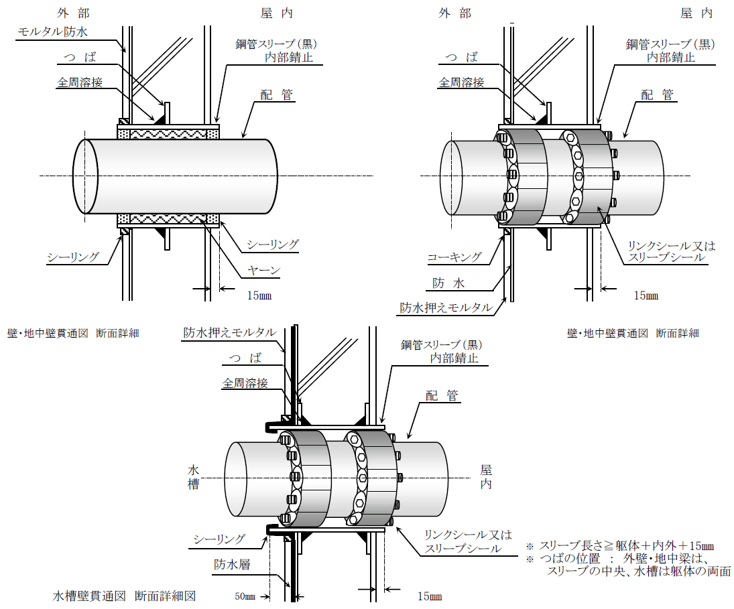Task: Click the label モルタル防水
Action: pyautogui.click(x=52, y=31)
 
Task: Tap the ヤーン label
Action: pyautogui.click(x=263, y=271)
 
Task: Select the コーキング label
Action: pyautogui.click(x=454, y=257)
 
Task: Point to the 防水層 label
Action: pyautogui.click(x=232, y=564)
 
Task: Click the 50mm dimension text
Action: pyautogui.click(x=245, y=596)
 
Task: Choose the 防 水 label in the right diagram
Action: pyautogui.click(x=448, y=283)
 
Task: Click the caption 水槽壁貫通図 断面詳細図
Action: pyautogui.click(x=124, y=596)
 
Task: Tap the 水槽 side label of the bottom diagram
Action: pyautogui.click(x=193, y=477)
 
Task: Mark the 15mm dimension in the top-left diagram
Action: pyautogui.click(x=259, y=295)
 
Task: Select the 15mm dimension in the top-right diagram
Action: pyautogui.click(x=646, y=295)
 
